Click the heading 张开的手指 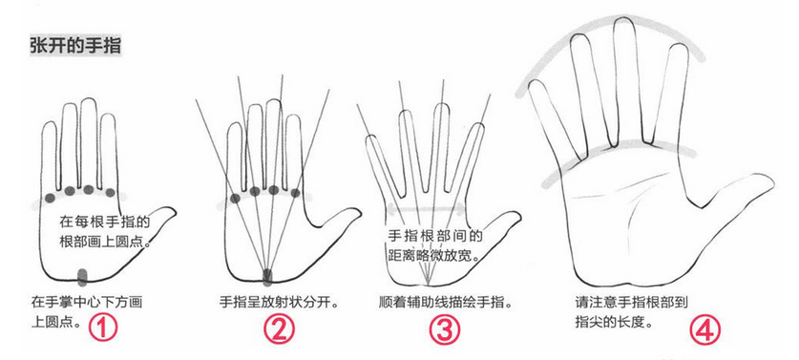[75, 46]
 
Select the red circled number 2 [279, 329]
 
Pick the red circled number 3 [444, 329]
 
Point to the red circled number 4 [705, 329]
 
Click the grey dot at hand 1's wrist [82, 275]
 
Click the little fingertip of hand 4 [536, 83]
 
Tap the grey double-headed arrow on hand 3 [426, 208]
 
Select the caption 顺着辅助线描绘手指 [446, 303]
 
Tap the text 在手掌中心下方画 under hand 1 [87, 303]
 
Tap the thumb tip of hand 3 [517, 216]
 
